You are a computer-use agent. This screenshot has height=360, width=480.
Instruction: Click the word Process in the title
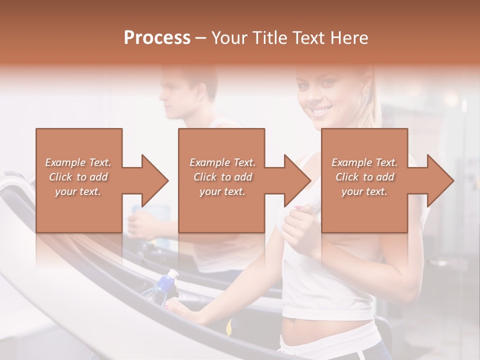pyautogui.click(x=157, y=38)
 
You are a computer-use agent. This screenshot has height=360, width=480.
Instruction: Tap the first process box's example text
pyautogui.click(x=78, y=177)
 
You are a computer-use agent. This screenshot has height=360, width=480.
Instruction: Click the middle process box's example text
pyautogui.click(x=222, y=177)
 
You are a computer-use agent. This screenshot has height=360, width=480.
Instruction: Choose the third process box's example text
pyautogui.click(x=364, y=177)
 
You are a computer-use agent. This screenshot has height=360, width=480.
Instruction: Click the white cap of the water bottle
pyautogui.click(x=172, y=274)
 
